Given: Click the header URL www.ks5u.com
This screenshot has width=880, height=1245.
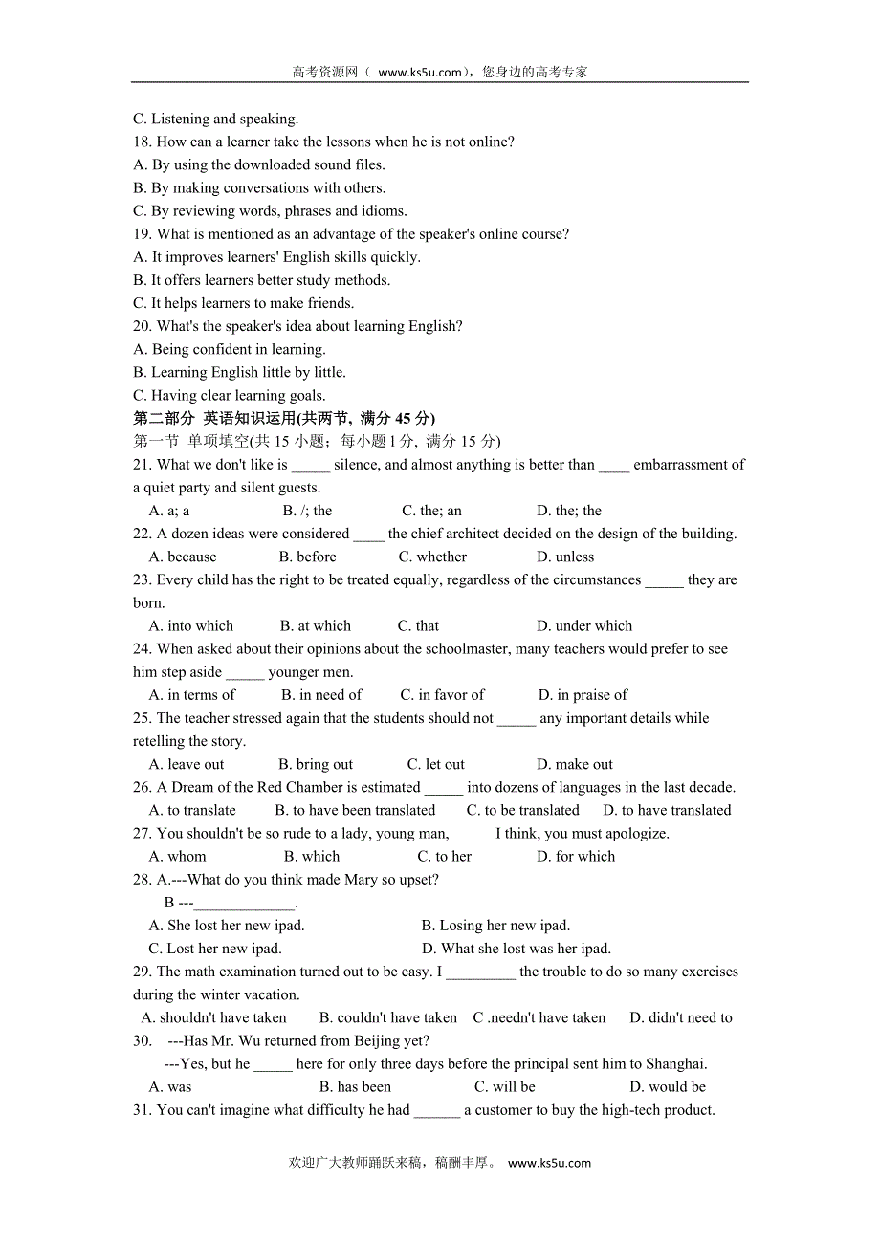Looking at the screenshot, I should coord(420,72).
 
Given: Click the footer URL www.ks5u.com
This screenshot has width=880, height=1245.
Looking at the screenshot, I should coord(549,1163).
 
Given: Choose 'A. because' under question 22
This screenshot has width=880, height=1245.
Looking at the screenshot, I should coord(183,557).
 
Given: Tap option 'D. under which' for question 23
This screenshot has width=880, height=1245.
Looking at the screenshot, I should coord(584,625).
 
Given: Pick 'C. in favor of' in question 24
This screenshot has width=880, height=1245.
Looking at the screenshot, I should coord(442,695).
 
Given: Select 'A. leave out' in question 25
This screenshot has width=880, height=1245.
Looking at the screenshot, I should coord(187,764).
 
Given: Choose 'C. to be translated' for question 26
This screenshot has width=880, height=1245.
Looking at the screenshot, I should coord(522,810).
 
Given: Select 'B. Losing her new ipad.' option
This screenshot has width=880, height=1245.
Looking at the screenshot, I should coord(495,925).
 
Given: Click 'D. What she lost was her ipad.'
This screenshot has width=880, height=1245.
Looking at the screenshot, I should coord(517,949).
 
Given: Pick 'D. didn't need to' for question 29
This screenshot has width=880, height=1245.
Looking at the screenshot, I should coord(681,1017).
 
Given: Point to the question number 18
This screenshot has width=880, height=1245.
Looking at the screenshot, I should coord(143,142).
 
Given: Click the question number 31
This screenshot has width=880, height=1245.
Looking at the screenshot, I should coord(143,1109).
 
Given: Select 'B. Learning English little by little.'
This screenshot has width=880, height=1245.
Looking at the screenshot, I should coord(239,372).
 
